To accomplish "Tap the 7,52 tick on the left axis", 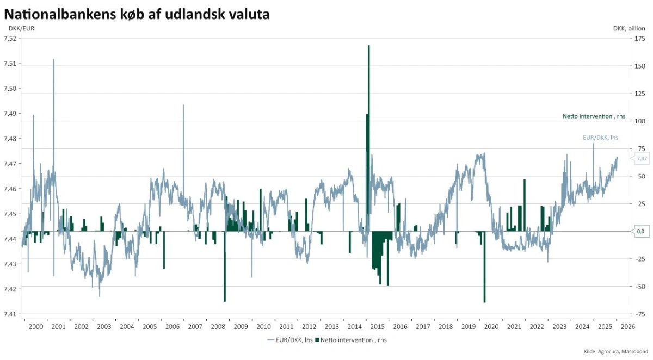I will (11, 39).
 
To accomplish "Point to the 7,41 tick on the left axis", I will (11, 314).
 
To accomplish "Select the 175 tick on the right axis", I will (640, 39).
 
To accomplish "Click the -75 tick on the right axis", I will (640, 314).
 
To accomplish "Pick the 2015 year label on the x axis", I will (377, 327).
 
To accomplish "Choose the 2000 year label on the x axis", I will (35, 327).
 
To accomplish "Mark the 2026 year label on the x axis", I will (627, 327).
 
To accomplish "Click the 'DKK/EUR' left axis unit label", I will (21, 28).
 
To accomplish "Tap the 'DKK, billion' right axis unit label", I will (629, 28).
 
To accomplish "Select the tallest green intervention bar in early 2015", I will (369, 109).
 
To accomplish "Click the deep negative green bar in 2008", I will (225, 272).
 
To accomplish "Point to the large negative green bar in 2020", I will (484, 272).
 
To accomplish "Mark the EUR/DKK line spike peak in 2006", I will (183, 105).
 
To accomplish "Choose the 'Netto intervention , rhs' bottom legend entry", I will (350, 340).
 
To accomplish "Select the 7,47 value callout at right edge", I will (641, 158).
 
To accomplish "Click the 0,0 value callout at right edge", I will (641, 231).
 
